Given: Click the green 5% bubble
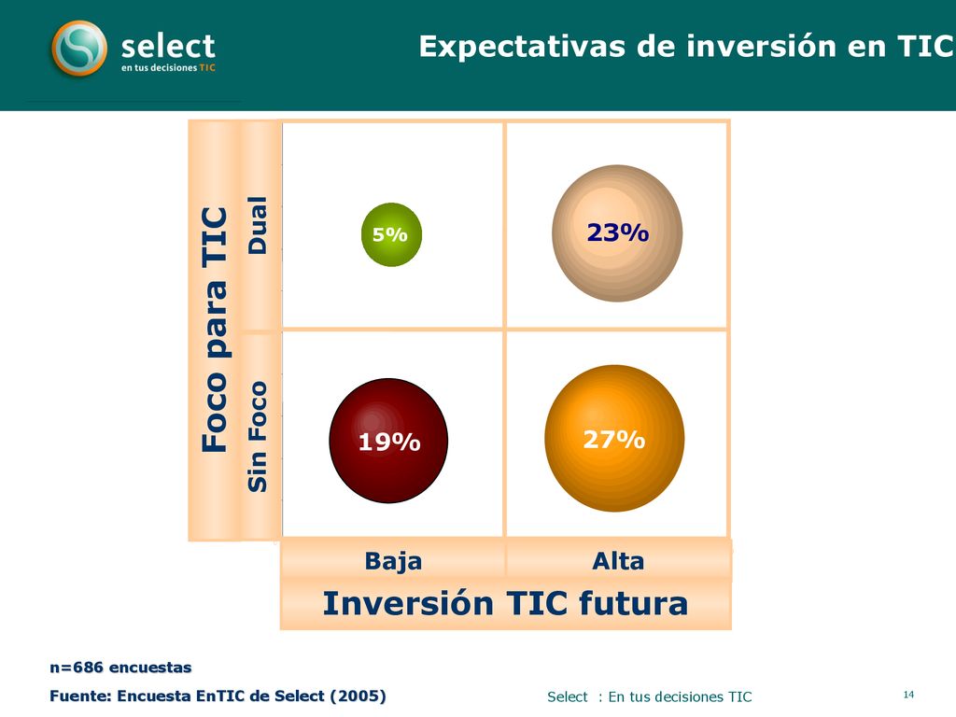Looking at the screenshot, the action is [x=391, y=234].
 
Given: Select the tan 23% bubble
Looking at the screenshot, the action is [x=617, y=233].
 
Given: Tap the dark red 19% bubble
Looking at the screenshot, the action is [x=388, y=441].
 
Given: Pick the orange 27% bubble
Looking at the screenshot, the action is [x=614, y=439].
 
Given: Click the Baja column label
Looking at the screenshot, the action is [x=393, y=561].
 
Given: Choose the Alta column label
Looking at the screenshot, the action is [x=618, y=561].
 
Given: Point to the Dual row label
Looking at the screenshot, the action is [x=258, y=225].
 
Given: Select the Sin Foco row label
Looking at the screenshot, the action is [x=258, y=437].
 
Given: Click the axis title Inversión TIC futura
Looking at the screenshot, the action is [x=505, y=603].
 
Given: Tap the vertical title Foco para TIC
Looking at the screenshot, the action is [x=215, y=330].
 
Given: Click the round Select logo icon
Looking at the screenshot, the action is [x=79, y=49].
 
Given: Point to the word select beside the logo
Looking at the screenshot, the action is [x=168, y=47].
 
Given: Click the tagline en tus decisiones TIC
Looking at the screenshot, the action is [x=168, y=67].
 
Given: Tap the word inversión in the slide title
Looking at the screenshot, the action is [x=738, y=47].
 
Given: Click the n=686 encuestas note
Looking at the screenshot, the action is [x=120, y=668].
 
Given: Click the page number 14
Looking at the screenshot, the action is [x=908, y=695].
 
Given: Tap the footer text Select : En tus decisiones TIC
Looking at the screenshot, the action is [x=650, y=696].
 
